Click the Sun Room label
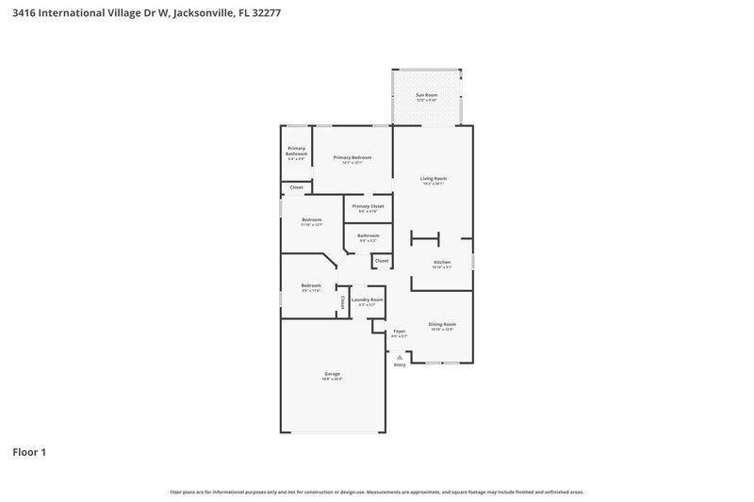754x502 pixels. (x=427, y=95)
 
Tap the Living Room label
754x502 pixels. (x=434, y=178)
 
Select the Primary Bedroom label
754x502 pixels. (x=352, y=157)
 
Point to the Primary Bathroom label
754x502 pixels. (x=296, y=151)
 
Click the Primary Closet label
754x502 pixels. (x=368, y=205)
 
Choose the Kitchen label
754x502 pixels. (x=442, y=262)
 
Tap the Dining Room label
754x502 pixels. (x=442, y=324)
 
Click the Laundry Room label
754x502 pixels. (x=368, y=300)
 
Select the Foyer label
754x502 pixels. (x=400, y=331)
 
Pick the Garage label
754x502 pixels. (x=333, y=374)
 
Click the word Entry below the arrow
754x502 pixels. (x=400, y=364)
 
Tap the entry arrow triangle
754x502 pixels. (x=400, y=356)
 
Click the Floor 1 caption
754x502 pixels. (x=29, y=452)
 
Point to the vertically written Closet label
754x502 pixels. (x=342, y=301)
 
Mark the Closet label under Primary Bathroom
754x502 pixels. (x=296, y=187)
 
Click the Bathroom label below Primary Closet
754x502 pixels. (x=368, y=235)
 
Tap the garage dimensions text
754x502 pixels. (x=333, y=380)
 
